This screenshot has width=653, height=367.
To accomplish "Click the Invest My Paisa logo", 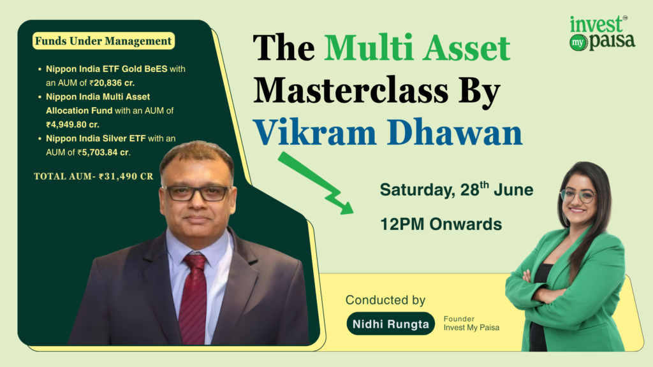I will point(601,33).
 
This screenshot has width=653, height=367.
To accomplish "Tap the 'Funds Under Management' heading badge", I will point(103,41).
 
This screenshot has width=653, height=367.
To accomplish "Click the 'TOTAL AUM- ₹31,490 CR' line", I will point(93,176).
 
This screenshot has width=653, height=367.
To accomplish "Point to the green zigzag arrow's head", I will point(347,205).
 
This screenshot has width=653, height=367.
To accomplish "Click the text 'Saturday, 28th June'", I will point(456,190).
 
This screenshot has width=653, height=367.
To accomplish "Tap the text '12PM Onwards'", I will point(441,224).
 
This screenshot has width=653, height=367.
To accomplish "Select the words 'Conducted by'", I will point(385,300).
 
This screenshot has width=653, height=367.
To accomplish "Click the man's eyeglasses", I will point(196,192).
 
